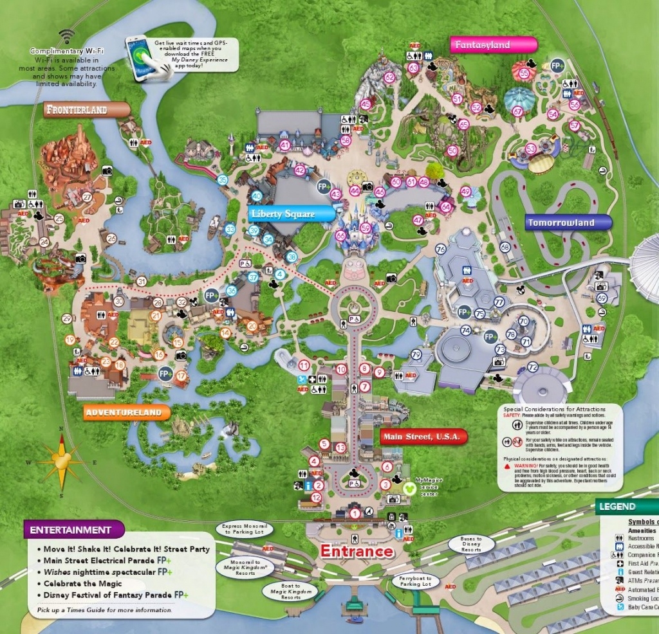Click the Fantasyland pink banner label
[x=492, y=45]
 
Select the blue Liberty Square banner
[x=292, y=214]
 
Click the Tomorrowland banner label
[x=567, y=223]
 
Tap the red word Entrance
[x=357, y=551]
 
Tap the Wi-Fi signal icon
[x=66, y=36]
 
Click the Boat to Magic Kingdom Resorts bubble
[x=290, y=591]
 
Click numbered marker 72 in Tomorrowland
[x=532, y=367]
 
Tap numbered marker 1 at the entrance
[x=355, y=512]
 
